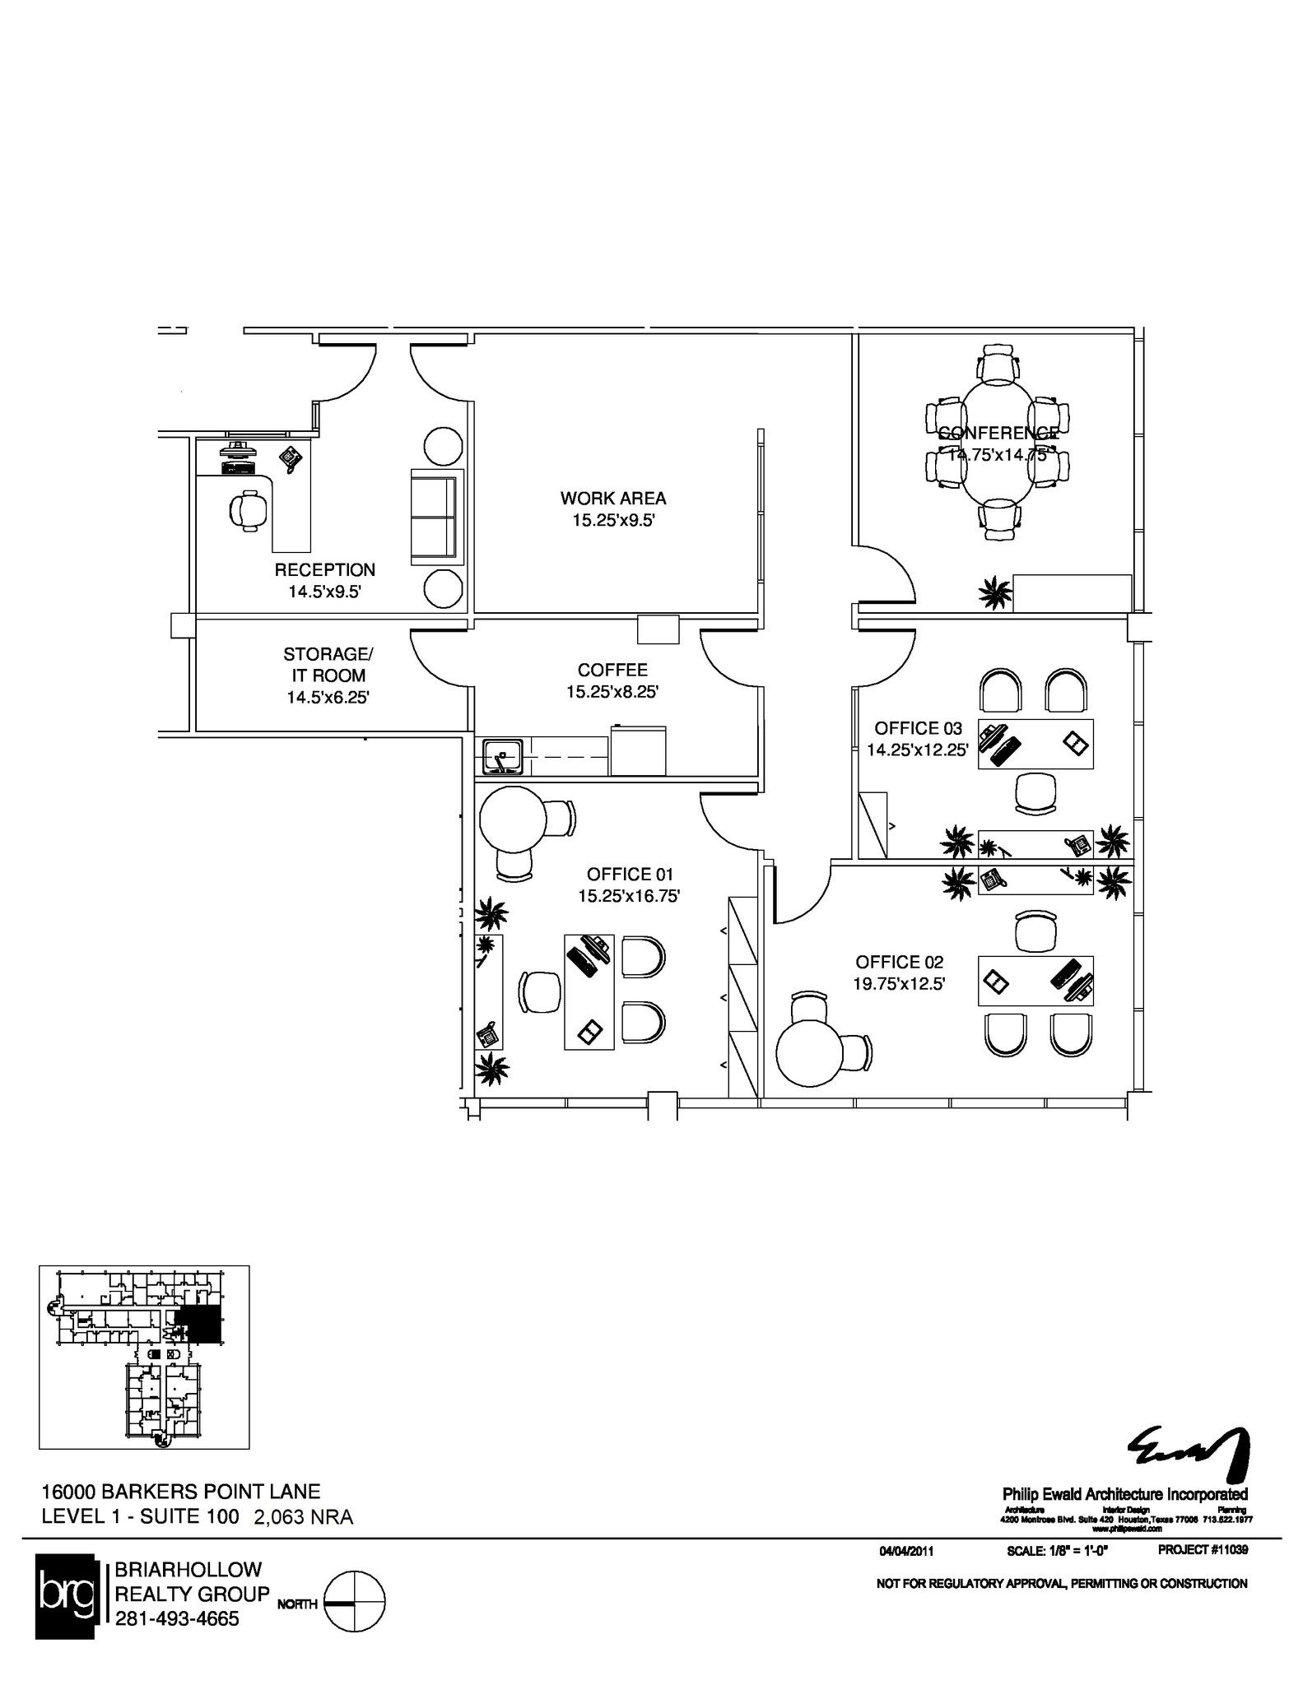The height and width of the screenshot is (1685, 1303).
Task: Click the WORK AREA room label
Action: click(613, 498)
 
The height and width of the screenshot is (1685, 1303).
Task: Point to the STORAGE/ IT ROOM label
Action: click(328, 665)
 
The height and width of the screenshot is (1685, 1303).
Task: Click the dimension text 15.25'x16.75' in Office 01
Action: click(629, 896)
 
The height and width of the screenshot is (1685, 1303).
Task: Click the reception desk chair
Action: click(248, 509)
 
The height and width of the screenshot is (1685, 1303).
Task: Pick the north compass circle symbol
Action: click(355, 1601)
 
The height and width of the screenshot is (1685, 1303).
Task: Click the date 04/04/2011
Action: click(905, 1552)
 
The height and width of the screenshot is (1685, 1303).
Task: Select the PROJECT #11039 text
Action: click(1203, 1550)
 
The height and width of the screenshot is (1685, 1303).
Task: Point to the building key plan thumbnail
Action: click(144, 1357)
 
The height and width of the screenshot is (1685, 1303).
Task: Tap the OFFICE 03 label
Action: click(918, 728)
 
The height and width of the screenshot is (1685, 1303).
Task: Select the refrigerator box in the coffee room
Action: click(638, 750)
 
